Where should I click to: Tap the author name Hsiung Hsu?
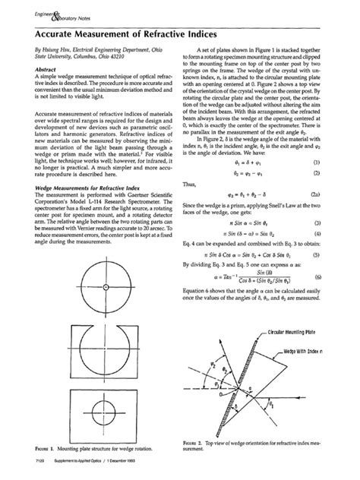coord(54,47)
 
